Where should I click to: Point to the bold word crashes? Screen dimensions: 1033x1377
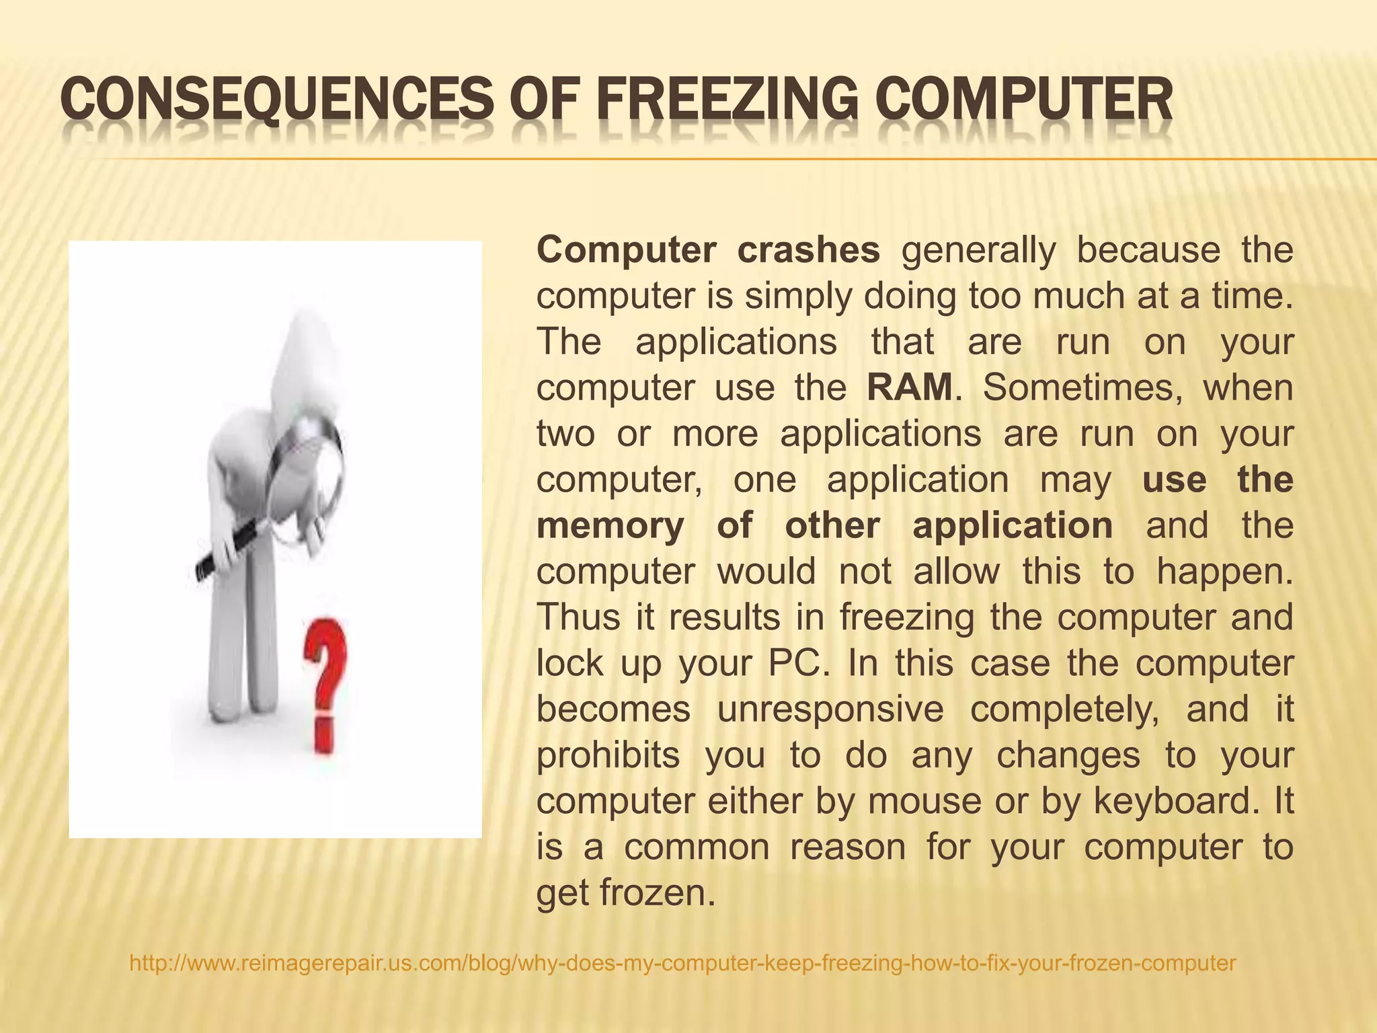[x=808, y=250]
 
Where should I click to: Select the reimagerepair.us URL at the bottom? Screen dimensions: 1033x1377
[x=682, y=963]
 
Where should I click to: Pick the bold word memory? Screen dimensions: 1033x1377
[x=610, y=525]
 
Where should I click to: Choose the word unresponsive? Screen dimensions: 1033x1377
[x=830, y=709]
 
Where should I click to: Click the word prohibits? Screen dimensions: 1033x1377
[x=608, y=755]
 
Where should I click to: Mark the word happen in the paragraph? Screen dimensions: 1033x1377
[x=1224, y=572]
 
